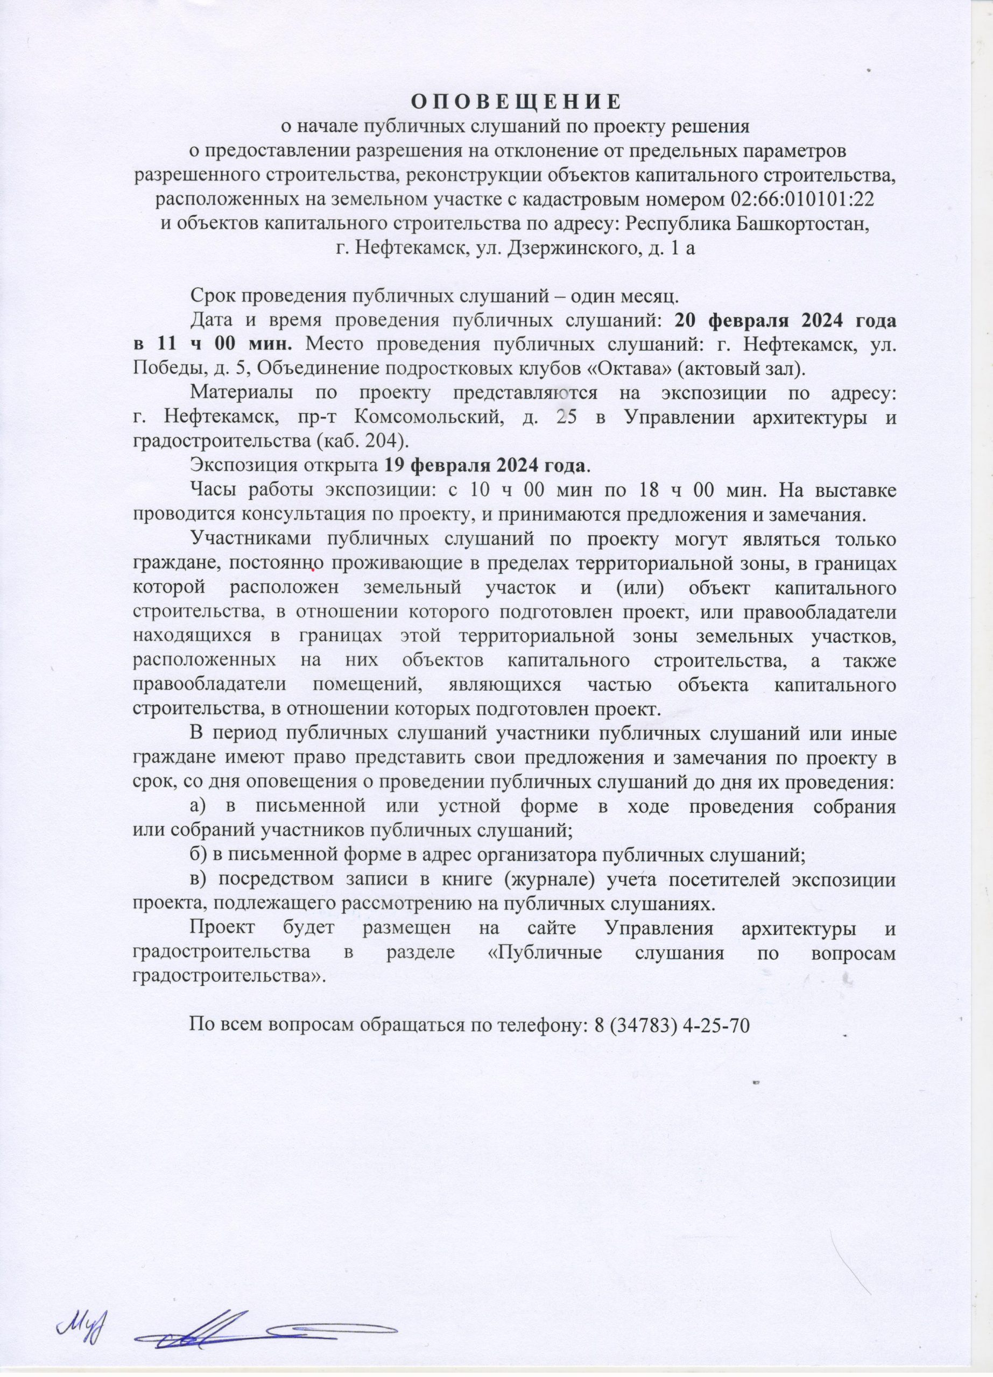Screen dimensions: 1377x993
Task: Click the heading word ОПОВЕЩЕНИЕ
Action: click(x=516, y=101)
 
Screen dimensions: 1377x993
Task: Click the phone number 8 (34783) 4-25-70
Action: click(x=671, y=1025)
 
